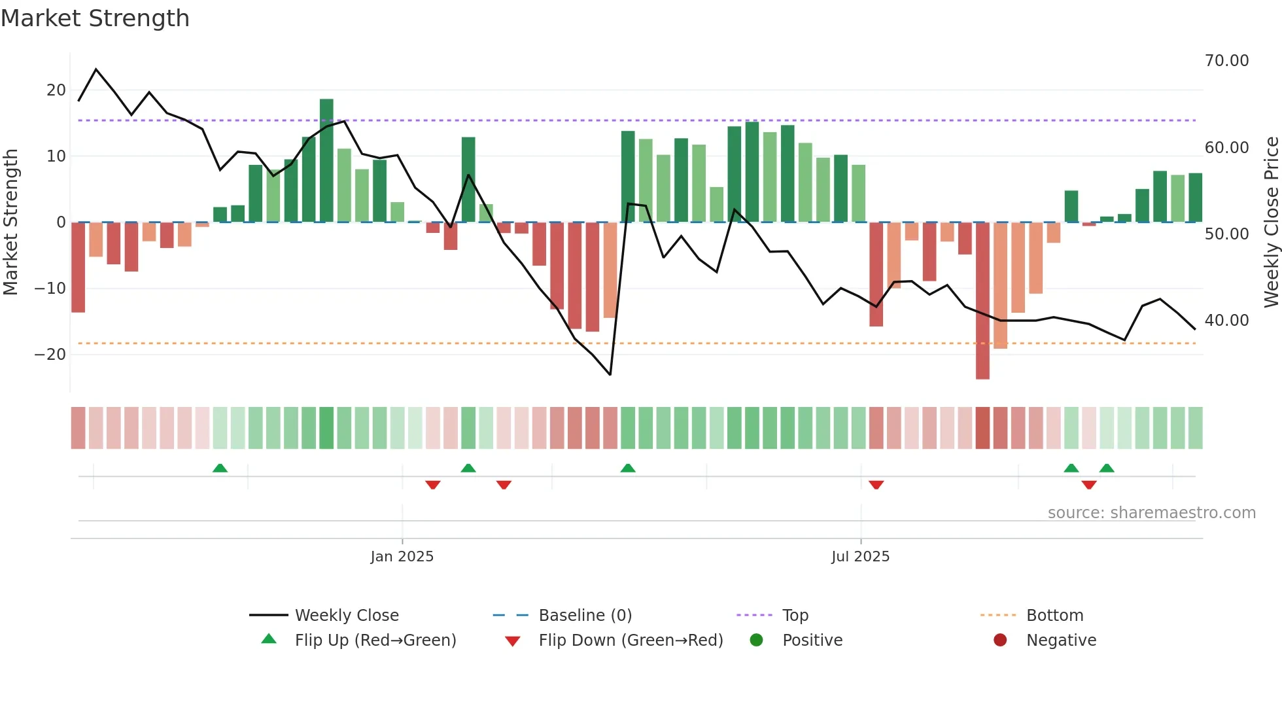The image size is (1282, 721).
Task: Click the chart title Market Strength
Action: click(95, 18)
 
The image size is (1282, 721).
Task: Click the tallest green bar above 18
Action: click(326, 160)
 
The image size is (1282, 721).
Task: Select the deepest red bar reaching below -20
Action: click(982, 301)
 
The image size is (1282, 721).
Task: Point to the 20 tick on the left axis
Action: click(56, 90)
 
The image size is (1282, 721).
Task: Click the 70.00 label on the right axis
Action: click(1226, 61)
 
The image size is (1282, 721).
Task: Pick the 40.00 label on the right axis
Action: click(1226, 321)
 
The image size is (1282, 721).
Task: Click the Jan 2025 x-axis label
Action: click(402, 557)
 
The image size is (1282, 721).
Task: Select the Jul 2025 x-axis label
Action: click(860, 557)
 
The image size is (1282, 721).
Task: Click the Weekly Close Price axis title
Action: click(1271, 222)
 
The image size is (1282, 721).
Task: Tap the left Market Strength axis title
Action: click(11, 222)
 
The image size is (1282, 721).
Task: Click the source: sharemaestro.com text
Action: click(1151, 513)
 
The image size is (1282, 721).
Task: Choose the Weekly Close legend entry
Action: click(346, 616)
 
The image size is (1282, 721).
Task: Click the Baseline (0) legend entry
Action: click(585, 616)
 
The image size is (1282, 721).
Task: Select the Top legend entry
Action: click(795, 616)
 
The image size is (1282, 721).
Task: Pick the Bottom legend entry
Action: click(1054, 616)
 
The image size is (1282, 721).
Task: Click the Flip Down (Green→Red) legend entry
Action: click(630, 641)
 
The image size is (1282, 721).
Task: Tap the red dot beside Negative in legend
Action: click(1000, 641)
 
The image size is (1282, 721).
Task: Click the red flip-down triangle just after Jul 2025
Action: click(876, 485)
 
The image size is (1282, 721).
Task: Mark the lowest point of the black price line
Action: click(610, 374)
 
